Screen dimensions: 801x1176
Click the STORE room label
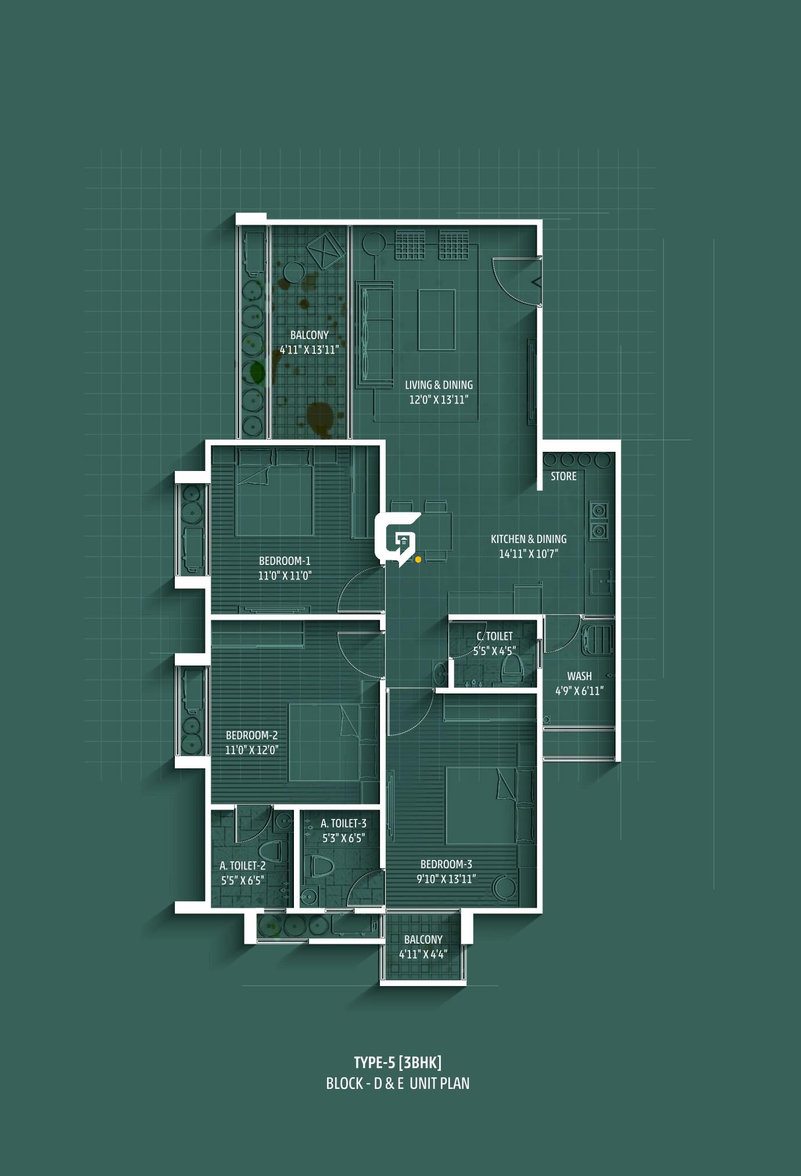tap(563, 476)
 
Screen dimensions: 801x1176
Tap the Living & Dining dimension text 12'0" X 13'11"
tap(439, 400)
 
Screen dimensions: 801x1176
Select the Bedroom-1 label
tap(285, 561)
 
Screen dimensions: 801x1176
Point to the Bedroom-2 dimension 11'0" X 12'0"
tap(252, 750)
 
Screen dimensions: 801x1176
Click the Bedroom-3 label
tap(446, 864)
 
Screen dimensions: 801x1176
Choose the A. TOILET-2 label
tap(243, 865)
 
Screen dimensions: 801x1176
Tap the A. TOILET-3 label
tap(343, 823)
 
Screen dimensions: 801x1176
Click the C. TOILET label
tap(494, 636)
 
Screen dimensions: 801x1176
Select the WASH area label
tap(579, 676)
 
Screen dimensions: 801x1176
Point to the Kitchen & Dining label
tap(529, 539)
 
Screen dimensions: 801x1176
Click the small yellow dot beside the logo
tap(418, 559)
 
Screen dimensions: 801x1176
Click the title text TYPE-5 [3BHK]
tap(398, 1063)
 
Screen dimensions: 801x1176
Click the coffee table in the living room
tap(436, 320)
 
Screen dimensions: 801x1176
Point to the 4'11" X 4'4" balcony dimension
tap(423, 954)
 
